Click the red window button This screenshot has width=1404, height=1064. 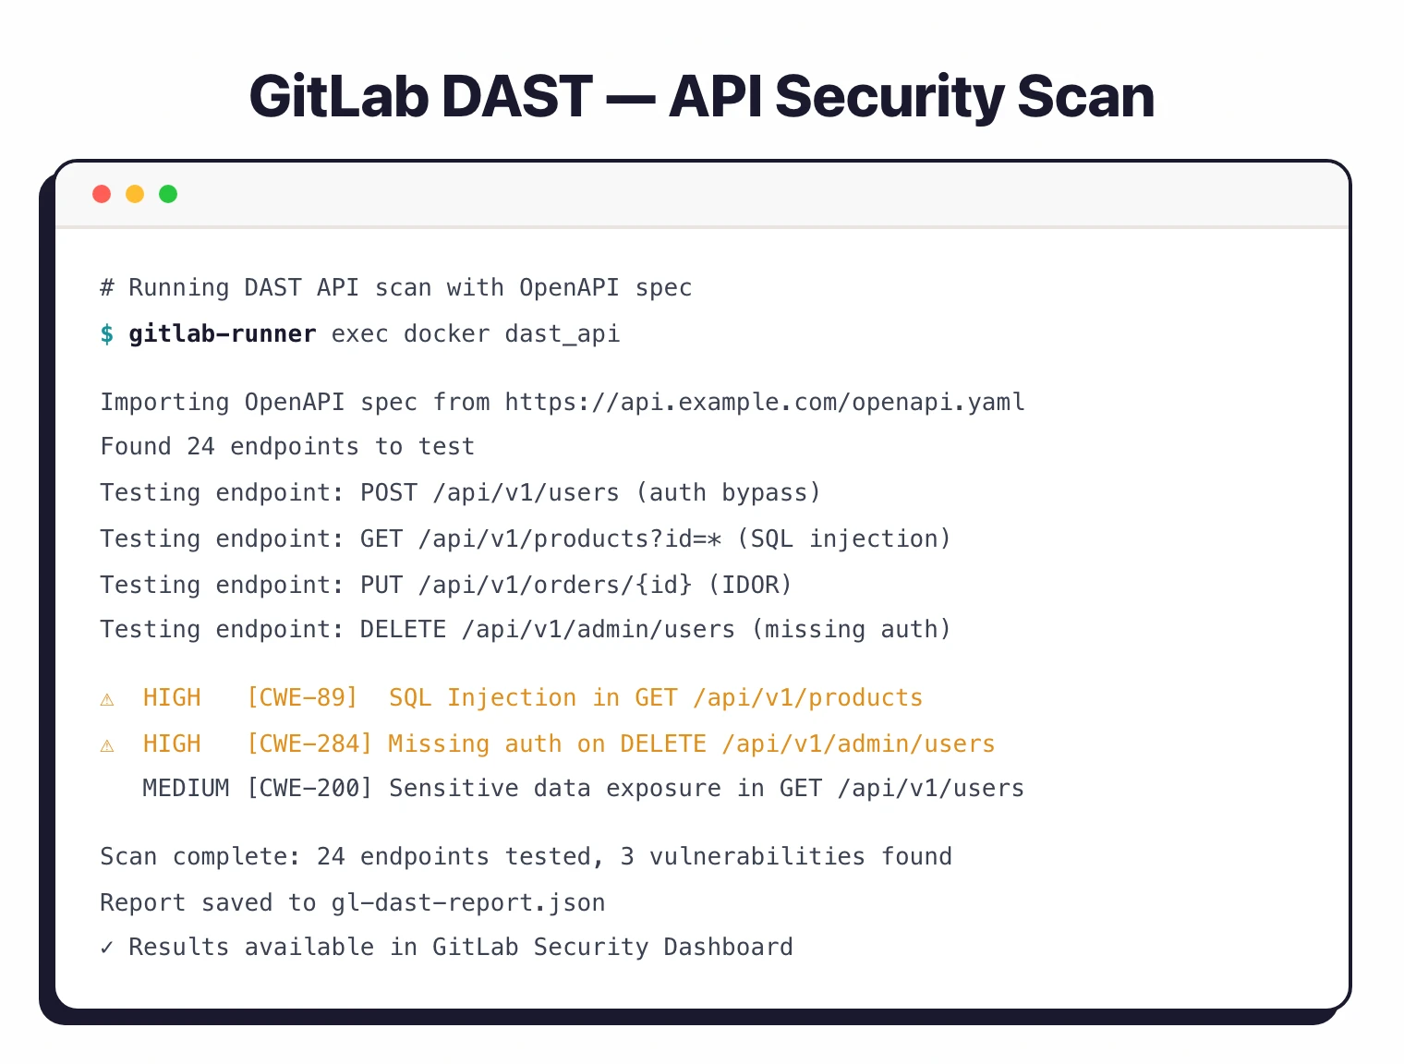[x=102, y=194]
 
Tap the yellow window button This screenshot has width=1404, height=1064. [x=135, y=194]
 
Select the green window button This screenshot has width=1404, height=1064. [x=168, y=194]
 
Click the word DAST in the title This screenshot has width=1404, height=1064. [x=516, y=97]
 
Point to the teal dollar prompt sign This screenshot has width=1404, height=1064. [x=107, y=334]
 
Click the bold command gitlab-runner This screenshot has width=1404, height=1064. [x=222, y=334]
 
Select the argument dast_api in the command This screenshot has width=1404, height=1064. [x=563, y=334]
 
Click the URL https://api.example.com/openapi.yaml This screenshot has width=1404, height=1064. [x=765, y=403]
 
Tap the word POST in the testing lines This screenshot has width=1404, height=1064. [x=388, y=493]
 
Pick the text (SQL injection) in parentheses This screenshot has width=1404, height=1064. [x=843, y=539]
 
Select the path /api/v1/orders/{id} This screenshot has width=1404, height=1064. [x=555, y=586]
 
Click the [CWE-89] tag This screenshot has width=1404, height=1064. [x=302, y=698]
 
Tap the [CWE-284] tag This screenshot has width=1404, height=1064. [x=309, y=744]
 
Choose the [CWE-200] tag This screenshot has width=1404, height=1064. [x=309, y=789]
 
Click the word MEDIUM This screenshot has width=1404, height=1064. [x=186, y=789]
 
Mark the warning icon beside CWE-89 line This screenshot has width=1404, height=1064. [x=107, y=699]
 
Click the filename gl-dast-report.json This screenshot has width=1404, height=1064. [x=468, y=903]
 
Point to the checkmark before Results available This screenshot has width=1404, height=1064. [x=107, y=948]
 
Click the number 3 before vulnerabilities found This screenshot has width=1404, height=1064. [x=627, y=857]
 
